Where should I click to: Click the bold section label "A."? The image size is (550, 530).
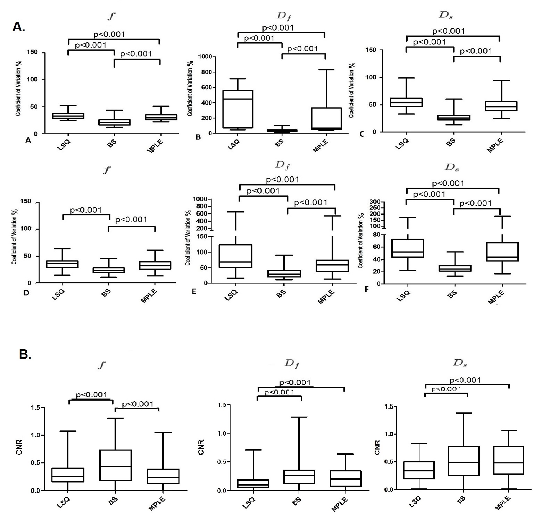click(x=19, y=27)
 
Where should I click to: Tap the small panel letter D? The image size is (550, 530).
click(x=26, y=293)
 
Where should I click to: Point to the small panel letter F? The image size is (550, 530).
click(x=367, y=289)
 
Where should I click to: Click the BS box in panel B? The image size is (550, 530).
click(x=282, y=131)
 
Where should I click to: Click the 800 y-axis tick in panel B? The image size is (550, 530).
click(x=210, y=72)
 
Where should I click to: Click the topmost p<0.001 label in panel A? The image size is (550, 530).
click(x=109, y=34)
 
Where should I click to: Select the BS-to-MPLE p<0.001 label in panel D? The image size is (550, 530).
click(x=131, y=220)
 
